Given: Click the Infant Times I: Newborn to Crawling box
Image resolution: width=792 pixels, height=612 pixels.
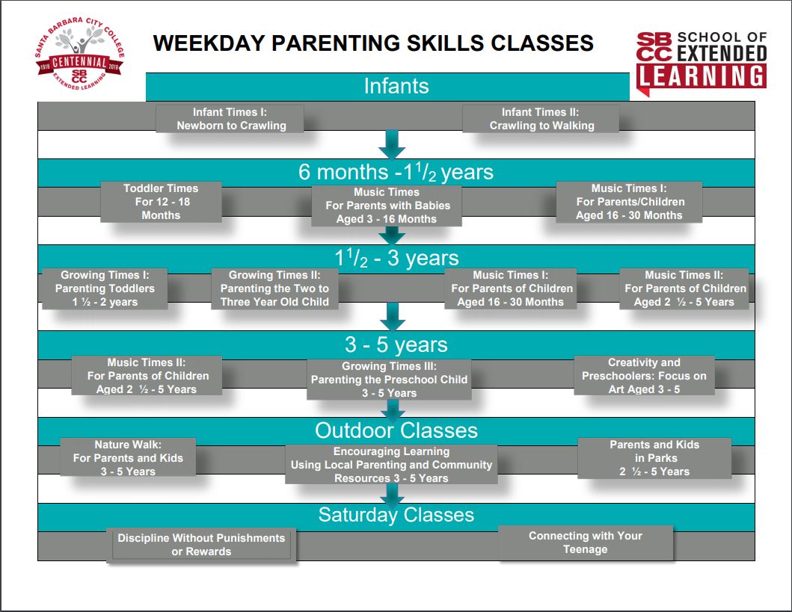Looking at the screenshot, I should pyautogui.click(x=230, y=119).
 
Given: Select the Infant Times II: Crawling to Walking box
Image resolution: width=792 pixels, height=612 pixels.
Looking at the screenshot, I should pyautogui.click(x=541, y=119).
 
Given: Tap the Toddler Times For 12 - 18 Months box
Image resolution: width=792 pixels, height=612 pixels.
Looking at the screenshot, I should pyautogui.click(x=161, y=202).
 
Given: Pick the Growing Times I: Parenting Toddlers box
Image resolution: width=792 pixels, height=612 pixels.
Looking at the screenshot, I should pyautogui.click(x=105, y=288).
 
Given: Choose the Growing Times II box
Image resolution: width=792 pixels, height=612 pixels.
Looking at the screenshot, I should pyautogui.click(x=274, y=288).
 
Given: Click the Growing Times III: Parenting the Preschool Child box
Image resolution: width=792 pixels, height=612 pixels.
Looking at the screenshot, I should pyautogui.click(x=389, y=380).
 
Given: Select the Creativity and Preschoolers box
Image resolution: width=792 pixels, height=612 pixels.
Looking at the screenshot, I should pyautogui.click(x=644, y=375).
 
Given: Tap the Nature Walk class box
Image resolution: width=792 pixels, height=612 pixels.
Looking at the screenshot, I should pyautogui.click(x=127, y=457).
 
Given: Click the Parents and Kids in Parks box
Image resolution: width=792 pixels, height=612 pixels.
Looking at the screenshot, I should pyautogui.click(x=654, y=457).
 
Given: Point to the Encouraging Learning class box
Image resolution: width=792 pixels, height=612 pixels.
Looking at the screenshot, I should pyautogui.click(x=391, y=464).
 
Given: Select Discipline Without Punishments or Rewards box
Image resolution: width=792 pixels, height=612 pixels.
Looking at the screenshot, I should pyautogui.click(x=201, y=545).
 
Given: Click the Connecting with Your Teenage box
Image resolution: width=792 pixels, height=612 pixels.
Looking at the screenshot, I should pyautogui.click(x=585, y=543).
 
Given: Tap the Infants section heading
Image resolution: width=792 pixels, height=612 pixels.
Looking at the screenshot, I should pyautogui.click(x=396, y=86).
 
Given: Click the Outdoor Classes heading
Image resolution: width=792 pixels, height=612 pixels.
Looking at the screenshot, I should pyautogui.click(x=396, y=430).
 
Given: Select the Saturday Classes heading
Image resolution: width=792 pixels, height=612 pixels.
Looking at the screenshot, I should pyautogui.click(x=396, y=515).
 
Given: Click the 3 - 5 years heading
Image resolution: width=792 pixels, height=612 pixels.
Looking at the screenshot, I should pyautogui.click(x=396, y=344).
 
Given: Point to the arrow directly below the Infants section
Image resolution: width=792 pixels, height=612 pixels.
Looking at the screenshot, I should pyautogui.click(x=391, y=143).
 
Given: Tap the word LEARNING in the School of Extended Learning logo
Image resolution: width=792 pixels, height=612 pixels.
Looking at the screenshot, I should pyautogui.click(x=702, y=75).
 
